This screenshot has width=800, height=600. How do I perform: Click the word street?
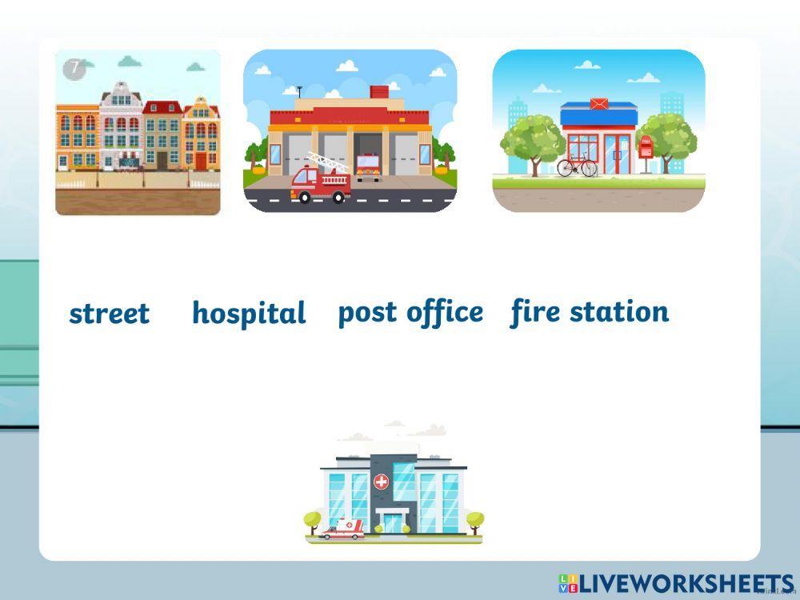tap(109, 314)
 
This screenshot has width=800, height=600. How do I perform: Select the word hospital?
tap(249, 314)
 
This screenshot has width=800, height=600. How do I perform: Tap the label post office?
tap(410, 312)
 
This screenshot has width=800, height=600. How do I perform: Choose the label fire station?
tap(590, 311)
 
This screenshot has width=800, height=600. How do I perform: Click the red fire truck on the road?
tap(320, 185)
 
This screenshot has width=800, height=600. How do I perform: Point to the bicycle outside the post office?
tap(577, 166)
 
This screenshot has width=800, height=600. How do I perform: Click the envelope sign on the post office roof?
tap(598, 104)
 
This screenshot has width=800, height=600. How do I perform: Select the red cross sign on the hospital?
tap(381, 482)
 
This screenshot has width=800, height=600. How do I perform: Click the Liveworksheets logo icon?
tap(568, 583)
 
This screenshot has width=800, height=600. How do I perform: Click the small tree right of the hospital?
tap(474, 521)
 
